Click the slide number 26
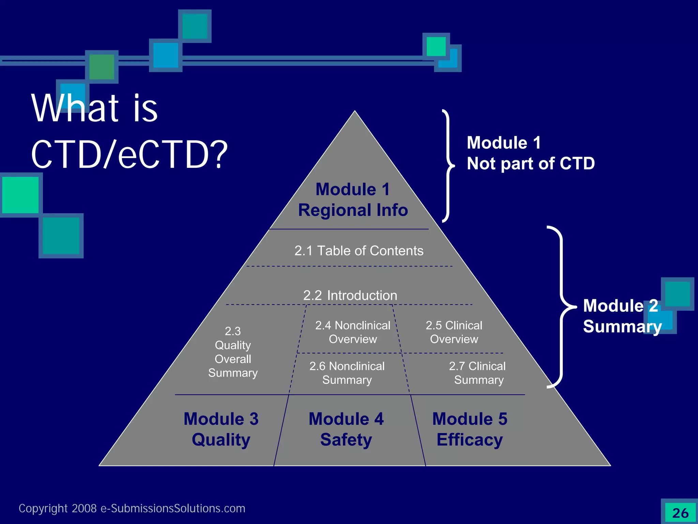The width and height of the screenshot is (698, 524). pyautogui.click(x=680, y=513)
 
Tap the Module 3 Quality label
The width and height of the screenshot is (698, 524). pyautogui.click(x=221, y=429)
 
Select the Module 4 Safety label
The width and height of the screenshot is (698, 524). pyautogui.click(x=346, y=429)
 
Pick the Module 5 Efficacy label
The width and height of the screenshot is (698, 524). pyautogui.click(x=470, y=429)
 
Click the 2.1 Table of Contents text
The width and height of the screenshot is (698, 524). pyautogui.click(x=359, y=251)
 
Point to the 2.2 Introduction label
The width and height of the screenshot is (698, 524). pyautogui.click(x=350, y=295)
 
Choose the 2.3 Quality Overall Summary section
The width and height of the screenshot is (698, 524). pyautogui.click(x=233, y=352)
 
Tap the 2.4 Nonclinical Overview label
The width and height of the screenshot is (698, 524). pyautogui.click(x=353, y=332)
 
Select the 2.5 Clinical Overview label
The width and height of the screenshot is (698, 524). pyautogui.click(x=454, y=332)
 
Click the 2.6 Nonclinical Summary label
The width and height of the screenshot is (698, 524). pyautogui.click(x=347, y=373)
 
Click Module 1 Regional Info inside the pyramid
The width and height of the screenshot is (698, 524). pyautogui.click(x=353, y=200)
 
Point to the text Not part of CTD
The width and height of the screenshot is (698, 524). pyautogui.click(x=531, y=163)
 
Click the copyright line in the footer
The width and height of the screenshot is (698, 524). pyautogui.click(x=132, y=508)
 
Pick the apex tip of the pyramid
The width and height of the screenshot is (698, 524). pyautogui.click(x=354, y=112)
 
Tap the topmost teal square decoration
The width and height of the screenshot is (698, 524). pyautogui.click(x=195, y=26)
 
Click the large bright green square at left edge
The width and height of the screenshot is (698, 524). pyautogui.click(x=20, y=195)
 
